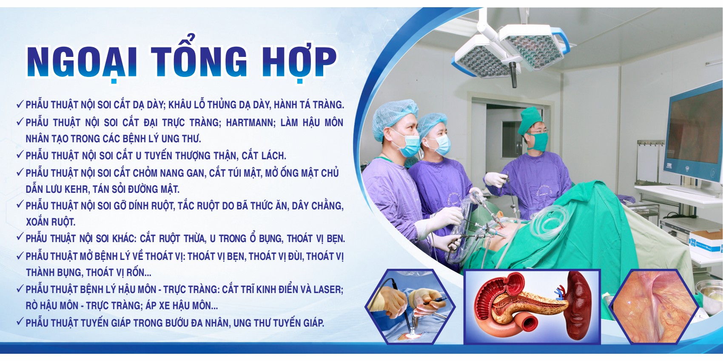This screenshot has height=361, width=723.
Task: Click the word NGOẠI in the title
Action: (x=83, y=62)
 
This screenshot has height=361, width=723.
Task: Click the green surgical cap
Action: (x=531, y=120)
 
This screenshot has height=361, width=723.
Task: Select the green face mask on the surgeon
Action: (x=539, y=142)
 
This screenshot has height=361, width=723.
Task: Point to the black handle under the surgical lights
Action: (x=513, y=74)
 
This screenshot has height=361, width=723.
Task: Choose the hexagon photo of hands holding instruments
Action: (x=410, y=306)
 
